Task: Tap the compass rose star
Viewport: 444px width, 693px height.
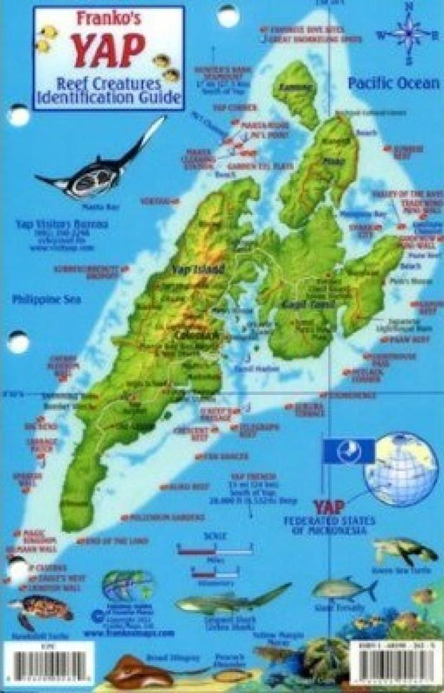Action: click(x=408, y=31)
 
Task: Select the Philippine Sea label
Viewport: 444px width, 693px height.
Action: click(x=46, y=298)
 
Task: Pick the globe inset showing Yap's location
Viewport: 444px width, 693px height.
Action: click(x=401, y=469)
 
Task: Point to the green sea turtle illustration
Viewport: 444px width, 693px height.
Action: click(x=405, y=552)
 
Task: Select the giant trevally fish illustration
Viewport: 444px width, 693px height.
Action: click(x=343, y=590)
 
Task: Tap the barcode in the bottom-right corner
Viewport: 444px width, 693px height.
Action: click(x=395, y=667)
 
